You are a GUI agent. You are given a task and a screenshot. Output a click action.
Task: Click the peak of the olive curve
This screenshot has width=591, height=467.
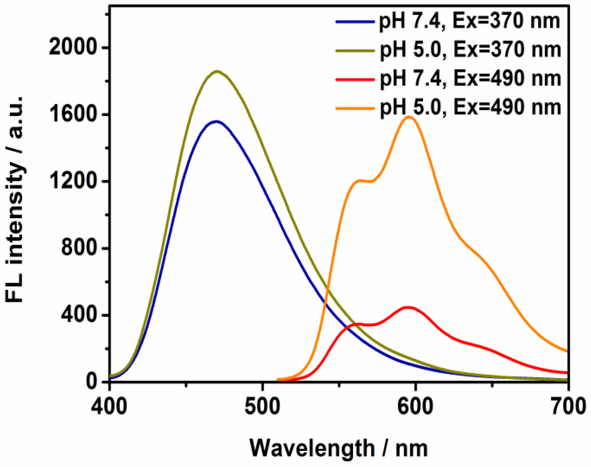click(x=217, y=72)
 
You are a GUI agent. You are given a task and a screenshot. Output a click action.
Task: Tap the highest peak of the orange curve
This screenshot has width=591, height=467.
click(x=409, y=117)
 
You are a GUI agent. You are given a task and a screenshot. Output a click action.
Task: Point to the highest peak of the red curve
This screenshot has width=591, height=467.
click(x=409, y=307)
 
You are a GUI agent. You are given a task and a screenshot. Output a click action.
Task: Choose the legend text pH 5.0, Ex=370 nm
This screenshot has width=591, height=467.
click(x=470, y=50)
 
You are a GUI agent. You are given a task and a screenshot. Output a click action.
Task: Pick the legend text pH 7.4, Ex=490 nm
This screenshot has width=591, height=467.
click(x=470, y=78)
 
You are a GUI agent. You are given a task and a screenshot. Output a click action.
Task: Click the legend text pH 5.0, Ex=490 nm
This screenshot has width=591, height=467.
click(x=470, y=107)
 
